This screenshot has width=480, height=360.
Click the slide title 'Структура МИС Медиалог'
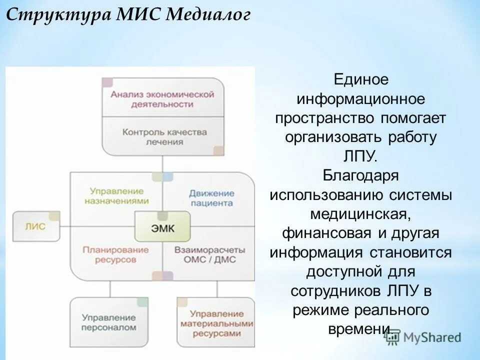[x=128, y=14]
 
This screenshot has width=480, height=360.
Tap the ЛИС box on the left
[x=35, y=226]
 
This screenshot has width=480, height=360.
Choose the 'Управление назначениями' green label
[x=116, y=196]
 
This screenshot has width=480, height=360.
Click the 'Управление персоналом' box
[x=109, y=322]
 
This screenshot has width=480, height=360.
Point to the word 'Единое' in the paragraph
[x=361, y=79]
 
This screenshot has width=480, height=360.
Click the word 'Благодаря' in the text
[x=360, y=175]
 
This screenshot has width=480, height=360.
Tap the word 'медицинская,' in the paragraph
[x=360, y=214]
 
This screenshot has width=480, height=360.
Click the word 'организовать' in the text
[x=333, y=137]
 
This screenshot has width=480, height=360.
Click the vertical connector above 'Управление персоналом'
[x=109, y=288]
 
